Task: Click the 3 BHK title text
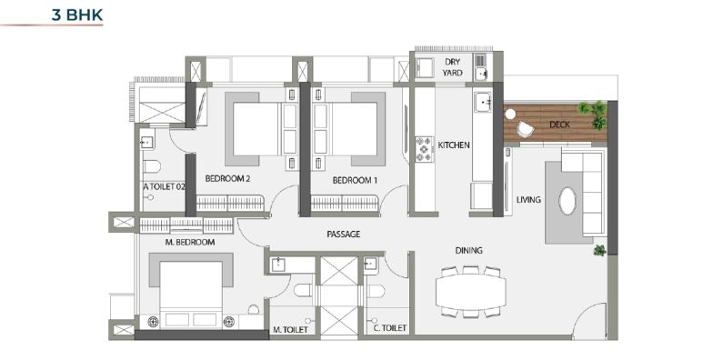pos(77,15)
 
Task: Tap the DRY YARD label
pos(452,67)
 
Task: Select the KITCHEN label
pos(454,145)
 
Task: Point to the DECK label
pos(559,125)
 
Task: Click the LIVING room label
pos(528,200)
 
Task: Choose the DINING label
pos(468,250)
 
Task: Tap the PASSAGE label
pos(344,235)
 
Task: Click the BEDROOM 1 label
pos(355,181)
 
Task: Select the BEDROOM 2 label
pos(227,178)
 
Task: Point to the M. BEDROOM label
pos(189,242)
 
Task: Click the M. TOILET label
pos(290,330)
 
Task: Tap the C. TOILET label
pos(389,328)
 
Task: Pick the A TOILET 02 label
pos(164,186)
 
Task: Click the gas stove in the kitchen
pos(424,149)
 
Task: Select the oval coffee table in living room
pos(567,201)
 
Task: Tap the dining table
pos(470,292)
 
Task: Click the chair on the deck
pos(525,129)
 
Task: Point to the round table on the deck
pos(509,114)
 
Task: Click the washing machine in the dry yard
pos(425,67)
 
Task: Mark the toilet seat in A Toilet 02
pos(151,166)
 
